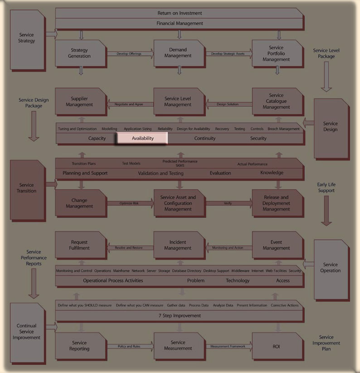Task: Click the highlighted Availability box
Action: (143, 138)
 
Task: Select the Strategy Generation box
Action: (80, 53)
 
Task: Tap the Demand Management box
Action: (178, 53)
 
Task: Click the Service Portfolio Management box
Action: (276, 53)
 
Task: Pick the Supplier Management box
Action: (80, 102)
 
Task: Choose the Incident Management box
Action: (178, 245)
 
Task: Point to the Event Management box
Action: (276, 245)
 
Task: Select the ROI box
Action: (276, 346)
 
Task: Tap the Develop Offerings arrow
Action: (129, 54)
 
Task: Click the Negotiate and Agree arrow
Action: (129, 104)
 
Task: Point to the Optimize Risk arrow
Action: (129, 203)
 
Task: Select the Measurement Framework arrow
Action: (228, 347)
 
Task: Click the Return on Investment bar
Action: (180, 13)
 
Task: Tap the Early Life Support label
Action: (326, 187)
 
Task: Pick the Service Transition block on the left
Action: (28, 188)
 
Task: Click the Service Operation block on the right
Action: (331, 267)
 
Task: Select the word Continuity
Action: (205, 138)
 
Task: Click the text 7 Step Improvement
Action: (180, 315)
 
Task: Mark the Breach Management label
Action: (283, 129)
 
